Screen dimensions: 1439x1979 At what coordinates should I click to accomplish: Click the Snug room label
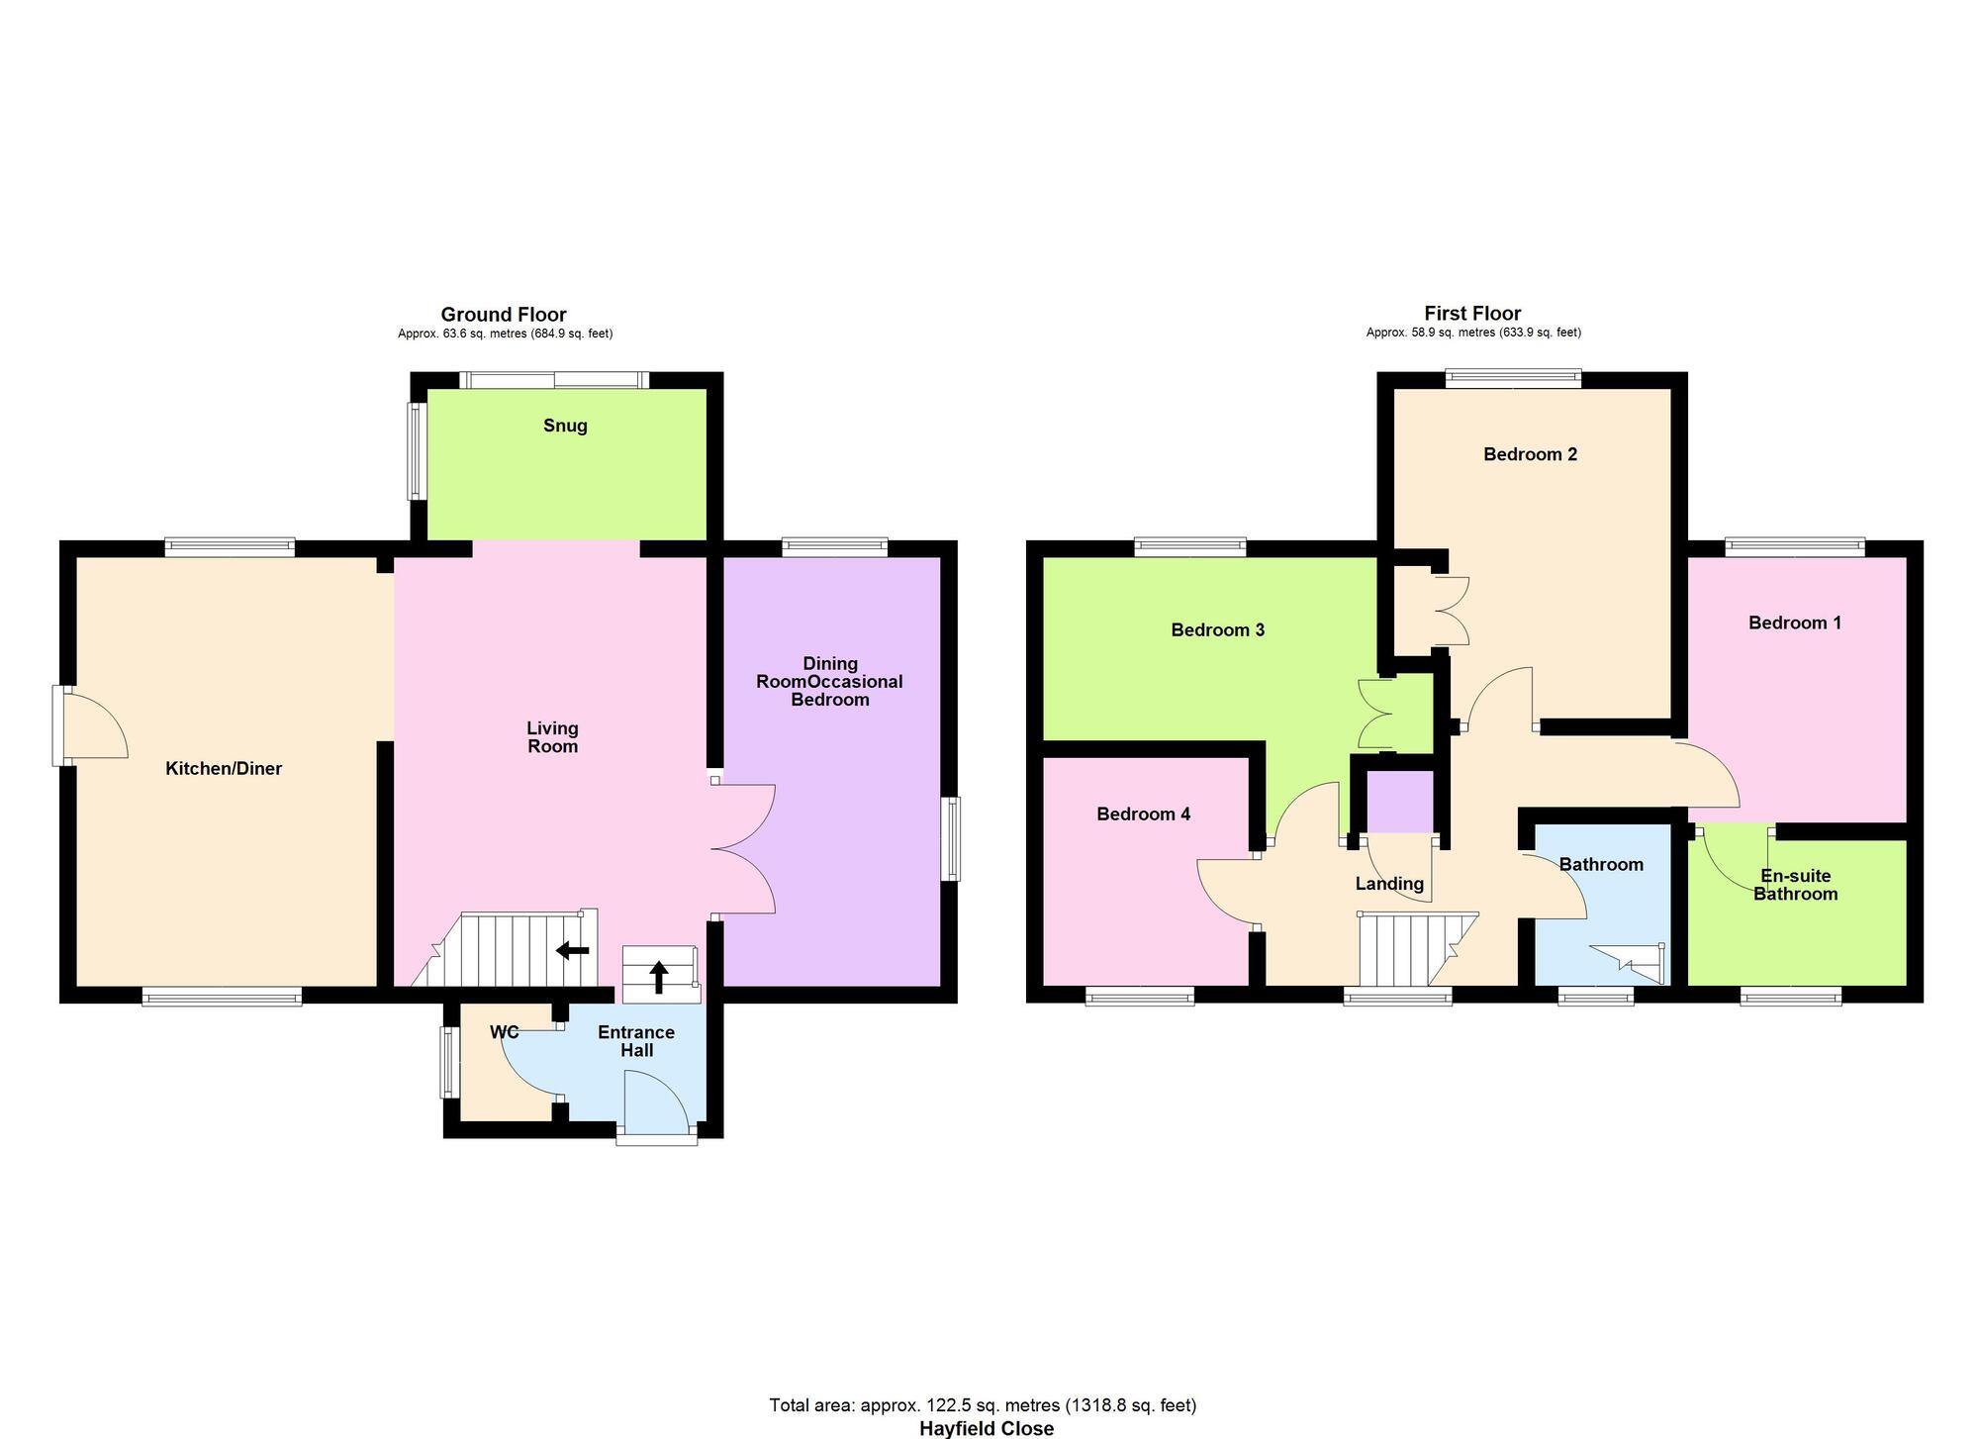tap(565, 426)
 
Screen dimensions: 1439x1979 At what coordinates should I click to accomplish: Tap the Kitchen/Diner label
tap(224, 769)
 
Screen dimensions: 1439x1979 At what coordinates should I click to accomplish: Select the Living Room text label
tap(552, 737)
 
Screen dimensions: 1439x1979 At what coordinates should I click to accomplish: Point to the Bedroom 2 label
tap(1530, 454)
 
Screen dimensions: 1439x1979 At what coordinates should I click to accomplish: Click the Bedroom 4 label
tap(1143, 815)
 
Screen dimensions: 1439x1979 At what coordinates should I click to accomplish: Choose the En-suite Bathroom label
tap(1795, 885)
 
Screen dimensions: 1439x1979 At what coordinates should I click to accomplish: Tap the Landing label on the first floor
tap(1389, 884)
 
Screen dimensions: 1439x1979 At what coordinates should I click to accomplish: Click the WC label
tap(505, 1032)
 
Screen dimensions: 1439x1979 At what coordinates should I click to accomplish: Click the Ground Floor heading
tap(504, 315)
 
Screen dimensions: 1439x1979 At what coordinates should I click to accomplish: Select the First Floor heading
tap(1472, 314)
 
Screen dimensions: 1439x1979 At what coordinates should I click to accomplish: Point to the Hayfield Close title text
tap(986, 1428)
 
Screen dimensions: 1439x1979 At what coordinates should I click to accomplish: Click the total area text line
tap(983, 1405)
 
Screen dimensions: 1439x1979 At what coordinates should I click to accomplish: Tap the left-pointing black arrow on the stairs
tap(572, 950)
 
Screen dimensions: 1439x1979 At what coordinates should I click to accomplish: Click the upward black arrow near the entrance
tap(658, 977)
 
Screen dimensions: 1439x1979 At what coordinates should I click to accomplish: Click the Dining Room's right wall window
tap(950, 839)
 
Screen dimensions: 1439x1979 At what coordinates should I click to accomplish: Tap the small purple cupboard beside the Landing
tap(1400, 802)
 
